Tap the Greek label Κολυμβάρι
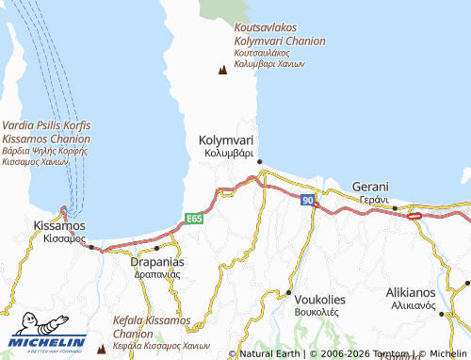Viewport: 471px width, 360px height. [226, 153]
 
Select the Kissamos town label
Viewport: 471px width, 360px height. [58, 226]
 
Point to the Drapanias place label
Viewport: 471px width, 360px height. [156, 261]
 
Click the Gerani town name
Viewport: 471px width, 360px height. [370, 187]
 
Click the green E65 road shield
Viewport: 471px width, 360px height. [195, 219]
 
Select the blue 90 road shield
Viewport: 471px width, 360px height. [308, 201]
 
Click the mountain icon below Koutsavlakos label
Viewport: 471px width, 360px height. [223, 70]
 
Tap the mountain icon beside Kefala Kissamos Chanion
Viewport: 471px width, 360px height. [101, 348]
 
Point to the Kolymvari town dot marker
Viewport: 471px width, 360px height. [259, 161]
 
